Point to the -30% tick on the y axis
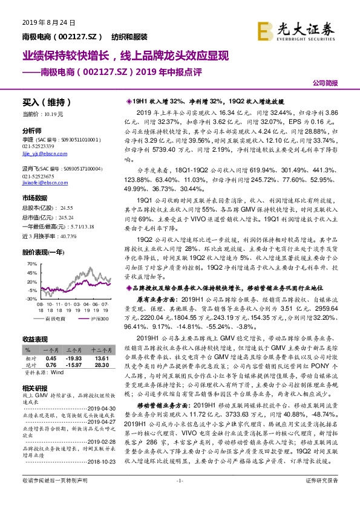[28, 299]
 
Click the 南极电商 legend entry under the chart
[58, 318]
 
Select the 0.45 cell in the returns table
[51, 357]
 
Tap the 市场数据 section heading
[34, 198]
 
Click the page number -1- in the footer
[179, 497]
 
